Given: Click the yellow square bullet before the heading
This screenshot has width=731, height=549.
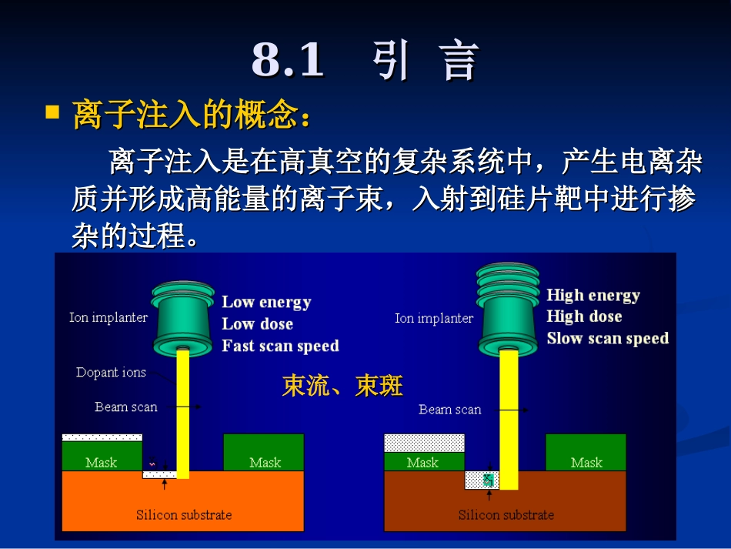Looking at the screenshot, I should point(52,112).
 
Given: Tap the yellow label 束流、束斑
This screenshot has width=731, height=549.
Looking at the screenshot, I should point(342,386).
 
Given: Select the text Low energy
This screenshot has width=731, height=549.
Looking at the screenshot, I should point(266,302).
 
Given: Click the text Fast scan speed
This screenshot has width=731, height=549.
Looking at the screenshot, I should point(280,346).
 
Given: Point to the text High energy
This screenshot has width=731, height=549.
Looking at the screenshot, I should point(592,295).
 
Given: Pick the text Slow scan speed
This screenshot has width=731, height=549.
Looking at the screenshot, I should point(607,338).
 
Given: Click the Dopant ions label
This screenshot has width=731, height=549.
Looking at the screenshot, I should point(111,373).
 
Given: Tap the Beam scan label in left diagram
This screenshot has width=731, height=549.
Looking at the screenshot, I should point(125,407).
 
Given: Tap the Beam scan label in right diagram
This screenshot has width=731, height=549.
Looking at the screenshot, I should point(449,410).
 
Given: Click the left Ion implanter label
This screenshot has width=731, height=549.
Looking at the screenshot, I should point(108,317).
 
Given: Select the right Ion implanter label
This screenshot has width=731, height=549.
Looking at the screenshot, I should point(433,318).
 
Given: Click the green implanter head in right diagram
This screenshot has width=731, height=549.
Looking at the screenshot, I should point(508,308).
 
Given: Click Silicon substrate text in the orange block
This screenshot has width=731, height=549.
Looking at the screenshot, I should point(184,514).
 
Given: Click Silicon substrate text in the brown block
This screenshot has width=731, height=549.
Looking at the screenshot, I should point(506,514).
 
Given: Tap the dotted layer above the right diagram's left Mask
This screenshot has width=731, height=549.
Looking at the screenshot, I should point(424,443).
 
